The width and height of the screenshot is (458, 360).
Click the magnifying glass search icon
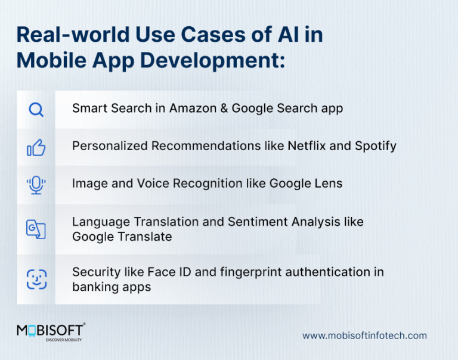pos(36,110)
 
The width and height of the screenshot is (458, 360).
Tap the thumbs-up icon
pos(36,147)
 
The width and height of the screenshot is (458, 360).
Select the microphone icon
pos(36,185)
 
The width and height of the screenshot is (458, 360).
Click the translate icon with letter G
pos(36,229)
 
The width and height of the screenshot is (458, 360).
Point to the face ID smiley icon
pos(36,279)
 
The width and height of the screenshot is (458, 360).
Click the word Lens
pos(329,183)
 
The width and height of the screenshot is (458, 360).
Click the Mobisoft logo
pos(50,331)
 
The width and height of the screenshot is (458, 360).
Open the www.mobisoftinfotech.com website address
pos(364,336)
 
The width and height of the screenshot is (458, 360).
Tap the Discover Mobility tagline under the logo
pos(63,340)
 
